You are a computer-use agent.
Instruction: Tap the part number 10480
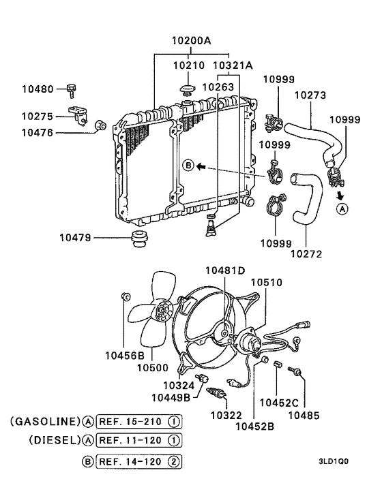coord(38,89)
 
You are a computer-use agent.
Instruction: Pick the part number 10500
coord(151,368)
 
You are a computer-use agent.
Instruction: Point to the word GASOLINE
coord(44,422)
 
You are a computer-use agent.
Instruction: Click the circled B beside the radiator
coord(188,166)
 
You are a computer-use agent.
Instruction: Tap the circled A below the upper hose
coord(342,208)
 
